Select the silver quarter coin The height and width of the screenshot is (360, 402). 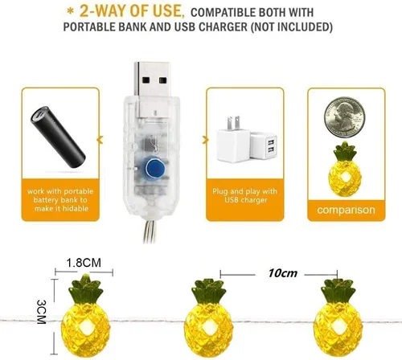pyautogui.click(x=345, y=117)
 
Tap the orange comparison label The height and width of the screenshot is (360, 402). pyautogui.click(x=344, y=211)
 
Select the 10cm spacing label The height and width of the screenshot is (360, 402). pyautogui.click(x=282, y=273)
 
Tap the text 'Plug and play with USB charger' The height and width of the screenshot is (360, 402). pyautogui.click(x=248, y=196)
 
